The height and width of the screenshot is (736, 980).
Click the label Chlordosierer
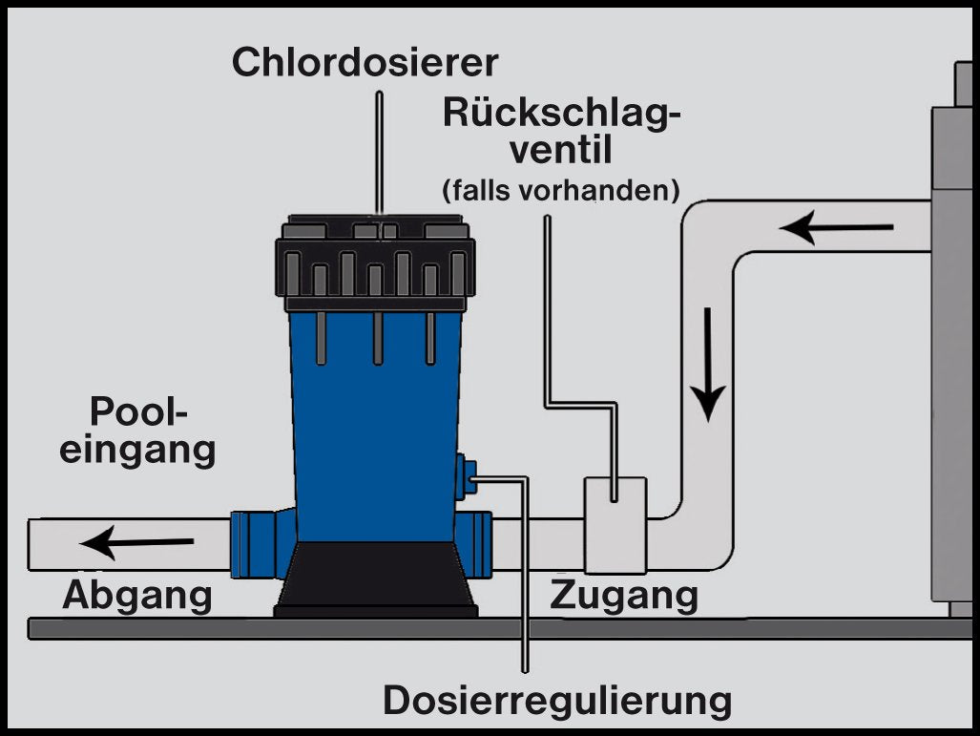click(365, 63)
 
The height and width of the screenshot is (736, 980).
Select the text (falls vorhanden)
click(560, 190)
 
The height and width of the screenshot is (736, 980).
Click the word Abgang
click(136, 595)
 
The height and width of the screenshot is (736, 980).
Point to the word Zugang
click(624, 595)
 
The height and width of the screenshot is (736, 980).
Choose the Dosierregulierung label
click(557, 701)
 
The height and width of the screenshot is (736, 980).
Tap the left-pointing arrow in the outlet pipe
click(137, 544)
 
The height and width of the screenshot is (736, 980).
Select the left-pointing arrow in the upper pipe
click(836, 228)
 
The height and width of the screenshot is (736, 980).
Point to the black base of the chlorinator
click(375, 578)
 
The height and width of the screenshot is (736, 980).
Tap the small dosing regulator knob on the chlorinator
click(466, 474)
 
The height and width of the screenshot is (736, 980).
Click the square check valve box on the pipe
click(615, 524)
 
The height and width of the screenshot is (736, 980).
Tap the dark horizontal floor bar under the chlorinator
click(477, 628)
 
